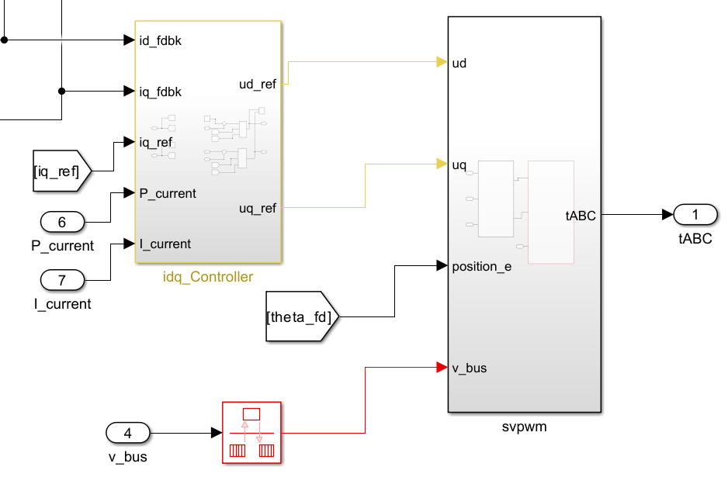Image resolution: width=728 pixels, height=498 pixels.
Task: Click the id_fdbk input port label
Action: click(160, 40)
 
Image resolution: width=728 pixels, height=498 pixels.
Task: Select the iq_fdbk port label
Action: click(160, 92)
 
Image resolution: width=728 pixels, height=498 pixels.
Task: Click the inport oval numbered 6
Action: click(62, 222)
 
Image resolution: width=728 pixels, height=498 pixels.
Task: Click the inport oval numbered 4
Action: click(128, 433)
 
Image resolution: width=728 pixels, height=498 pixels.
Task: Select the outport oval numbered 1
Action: click(695, 214)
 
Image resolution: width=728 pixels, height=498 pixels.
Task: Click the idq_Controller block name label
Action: click(208, 277)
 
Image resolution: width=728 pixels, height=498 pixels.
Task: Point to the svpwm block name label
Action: click(525, 426)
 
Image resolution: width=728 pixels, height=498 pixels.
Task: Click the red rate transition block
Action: click(251, 433)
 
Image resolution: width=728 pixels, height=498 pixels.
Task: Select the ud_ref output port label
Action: click(257, 85)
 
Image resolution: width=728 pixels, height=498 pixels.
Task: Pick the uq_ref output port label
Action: click(258, 208)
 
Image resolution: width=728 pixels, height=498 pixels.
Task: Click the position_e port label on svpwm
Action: click(482, 267)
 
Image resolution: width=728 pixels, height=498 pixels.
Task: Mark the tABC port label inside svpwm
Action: click(581, 216)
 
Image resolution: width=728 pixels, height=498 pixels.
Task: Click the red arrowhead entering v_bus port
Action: click(442, 367)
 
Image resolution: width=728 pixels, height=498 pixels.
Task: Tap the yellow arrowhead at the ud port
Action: click(442, 62)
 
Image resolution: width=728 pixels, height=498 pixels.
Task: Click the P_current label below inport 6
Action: click(61, 246)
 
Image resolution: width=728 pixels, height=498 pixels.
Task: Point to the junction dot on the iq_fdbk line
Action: click(62, 92)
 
